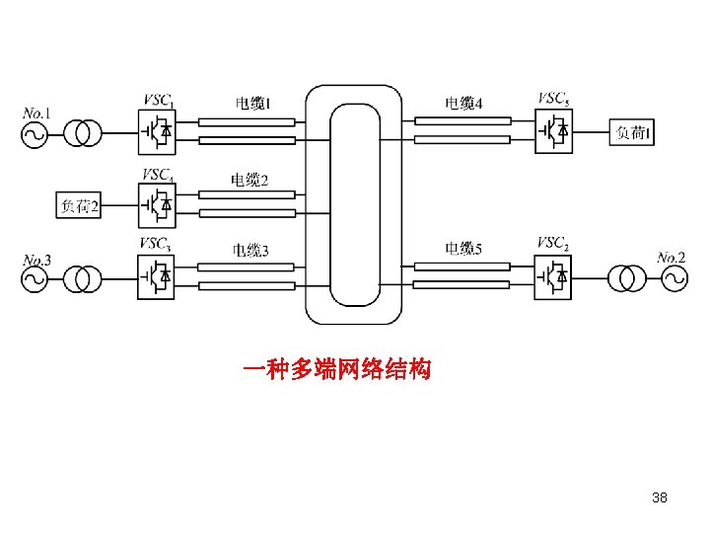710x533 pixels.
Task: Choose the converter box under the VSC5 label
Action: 555,130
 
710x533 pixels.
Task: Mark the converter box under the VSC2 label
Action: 555,277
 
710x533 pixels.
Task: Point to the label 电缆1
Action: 252,103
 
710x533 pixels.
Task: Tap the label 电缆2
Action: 248,179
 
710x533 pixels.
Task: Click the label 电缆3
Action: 250,250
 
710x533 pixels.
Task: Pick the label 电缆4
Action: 463,103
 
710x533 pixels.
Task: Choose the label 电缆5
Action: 463,249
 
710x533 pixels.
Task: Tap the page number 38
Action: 660,497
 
